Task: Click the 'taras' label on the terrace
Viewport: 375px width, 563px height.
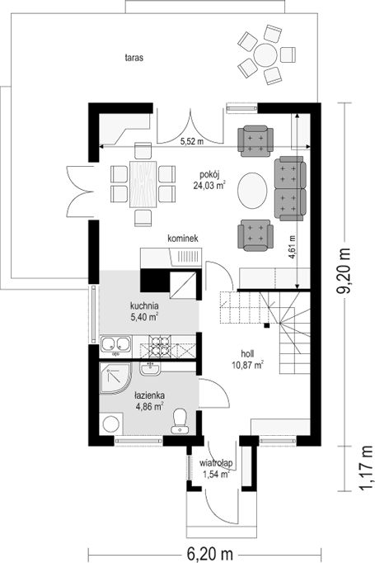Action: (x=134, y=58)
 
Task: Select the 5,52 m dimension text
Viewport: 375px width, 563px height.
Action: (x=192, y=141)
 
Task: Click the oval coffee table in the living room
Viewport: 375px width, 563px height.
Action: (x=253, y=190)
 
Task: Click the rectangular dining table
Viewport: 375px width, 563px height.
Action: (x=143, y=184)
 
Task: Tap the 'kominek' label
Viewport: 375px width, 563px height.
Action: (x=183, y=239)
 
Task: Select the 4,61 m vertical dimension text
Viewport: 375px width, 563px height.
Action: (x=293, y=247)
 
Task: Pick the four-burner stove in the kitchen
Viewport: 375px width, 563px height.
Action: (x=159, y=347)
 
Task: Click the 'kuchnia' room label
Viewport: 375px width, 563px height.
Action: (x=144, y=306)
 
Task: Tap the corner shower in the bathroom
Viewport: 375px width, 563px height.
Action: (x=115, y=378)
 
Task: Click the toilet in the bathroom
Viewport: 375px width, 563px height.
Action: (x=179, y=420)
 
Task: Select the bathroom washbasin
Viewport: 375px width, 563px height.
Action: (x=150, y=368)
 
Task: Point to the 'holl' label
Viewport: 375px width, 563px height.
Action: (x=247, y=353)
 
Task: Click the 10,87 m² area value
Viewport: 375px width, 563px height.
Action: (x=248, y=365)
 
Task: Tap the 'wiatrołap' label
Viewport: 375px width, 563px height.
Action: (x=216, y=463)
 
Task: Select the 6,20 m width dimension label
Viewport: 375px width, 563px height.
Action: (x=210, y=553)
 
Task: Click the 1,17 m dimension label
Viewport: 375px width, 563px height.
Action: (x=367, y=468)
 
